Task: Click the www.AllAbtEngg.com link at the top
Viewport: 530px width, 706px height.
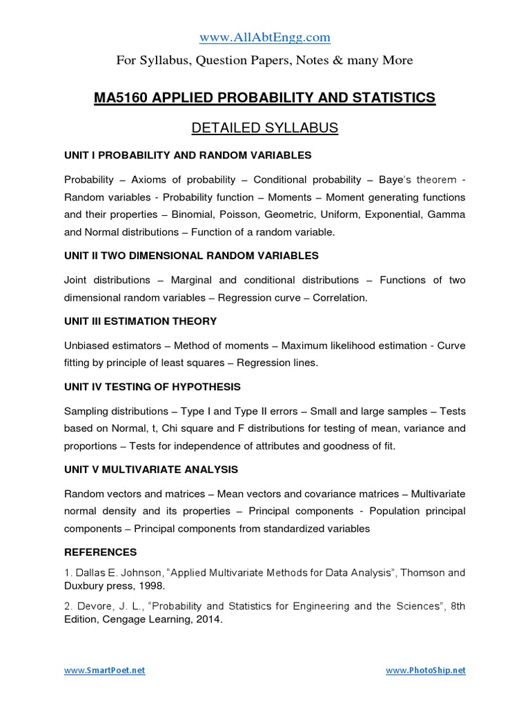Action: pyautogui.click(x=264, y=37)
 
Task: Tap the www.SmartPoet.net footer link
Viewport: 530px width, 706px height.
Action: pyautogui.click(x=105, y=670)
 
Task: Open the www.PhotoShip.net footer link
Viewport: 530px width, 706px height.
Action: pyautogui.click(x=425, y=670)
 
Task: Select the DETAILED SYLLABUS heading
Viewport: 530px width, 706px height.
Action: pyautogui.click(x=264, y=128)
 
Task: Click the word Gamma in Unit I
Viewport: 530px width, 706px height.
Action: pyautogui.click(x=446, y=214)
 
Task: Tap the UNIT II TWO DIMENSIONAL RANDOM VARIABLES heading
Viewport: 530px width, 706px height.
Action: pyautogui.click(x=191, y=255)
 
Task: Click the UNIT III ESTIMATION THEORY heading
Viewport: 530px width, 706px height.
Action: pyautogui.click(x=140, y=321)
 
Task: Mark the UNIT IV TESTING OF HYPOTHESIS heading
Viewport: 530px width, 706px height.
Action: pyautogui.click(x=152, y=387)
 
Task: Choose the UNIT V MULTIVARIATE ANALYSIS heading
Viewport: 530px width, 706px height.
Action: pyautogui.click(x=151, y=470)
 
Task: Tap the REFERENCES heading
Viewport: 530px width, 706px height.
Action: pyautogui.click(x=101, y=552)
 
